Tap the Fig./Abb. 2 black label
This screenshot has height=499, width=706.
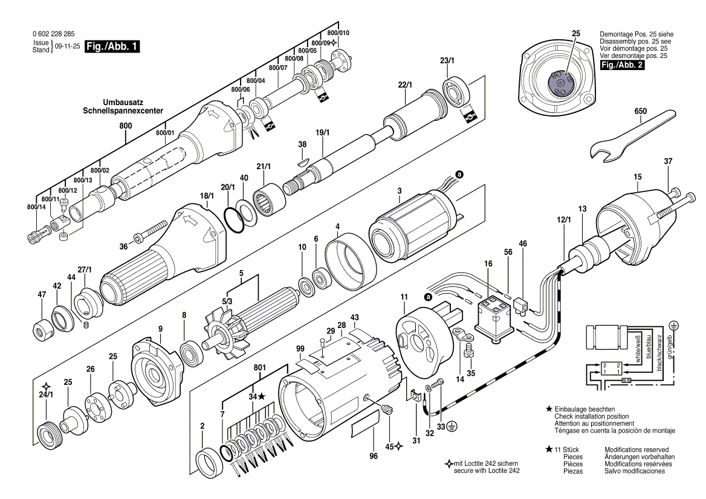tap(621, 65)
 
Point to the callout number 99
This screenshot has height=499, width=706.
tap(300, 349)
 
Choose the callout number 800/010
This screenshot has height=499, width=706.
tap(338, 32)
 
